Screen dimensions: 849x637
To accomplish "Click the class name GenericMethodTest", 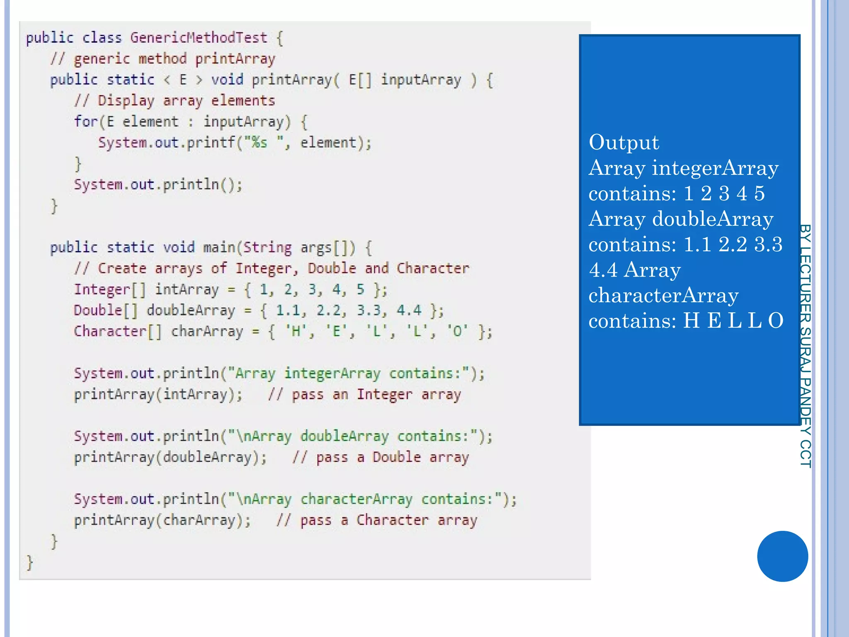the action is tap(199, 38).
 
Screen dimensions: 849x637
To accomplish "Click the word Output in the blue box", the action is tap(623, 143).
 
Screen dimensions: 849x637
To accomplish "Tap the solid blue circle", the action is tap(782, 556).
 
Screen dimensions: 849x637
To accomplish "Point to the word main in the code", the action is tap(219, 248).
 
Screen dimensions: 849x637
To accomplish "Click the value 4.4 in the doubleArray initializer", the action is tap(409, 310).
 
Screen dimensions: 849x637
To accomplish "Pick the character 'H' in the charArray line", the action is tap(296, 331).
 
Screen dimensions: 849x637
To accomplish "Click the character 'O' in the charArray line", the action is tap(457, 331).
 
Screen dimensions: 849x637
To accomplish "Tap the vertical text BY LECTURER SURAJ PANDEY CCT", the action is tap(805, 346).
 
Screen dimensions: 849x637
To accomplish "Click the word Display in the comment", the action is tap(126, 101).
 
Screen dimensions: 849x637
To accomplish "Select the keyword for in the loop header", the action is tap(86, 122).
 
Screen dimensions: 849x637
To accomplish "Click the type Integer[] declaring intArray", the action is tap(110, 289).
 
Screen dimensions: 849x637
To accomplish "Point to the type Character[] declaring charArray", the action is tap(118, 331).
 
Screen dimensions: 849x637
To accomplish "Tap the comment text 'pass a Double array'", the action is tap(392, 457).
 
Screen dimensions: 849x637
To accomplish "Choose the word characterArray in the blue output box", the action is tap(663, 296).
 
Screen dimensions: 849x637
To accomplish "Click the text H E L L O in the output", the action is tap(733, 321).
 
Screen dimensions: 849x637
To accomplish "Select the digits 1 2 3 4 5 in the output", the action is tap(724, 194).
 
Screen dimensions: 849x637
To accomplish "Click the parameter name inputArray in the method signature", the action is tap(421, 80).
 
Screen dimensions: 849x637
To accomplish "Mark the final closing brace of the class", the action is tap(29, 563).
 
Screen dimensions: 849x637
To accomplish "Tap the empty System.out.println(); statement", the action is tap(158, 185).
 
